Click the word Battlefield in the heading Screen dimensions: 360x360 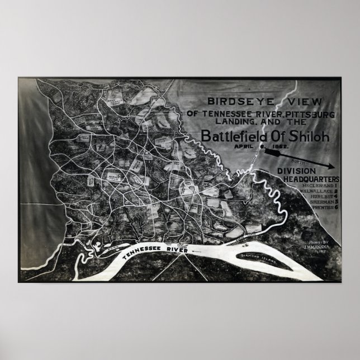(229, 136)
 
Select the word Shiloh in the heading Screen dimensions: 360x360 (296, 136)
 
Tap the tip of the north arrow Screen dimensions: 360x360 (335, 165)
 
